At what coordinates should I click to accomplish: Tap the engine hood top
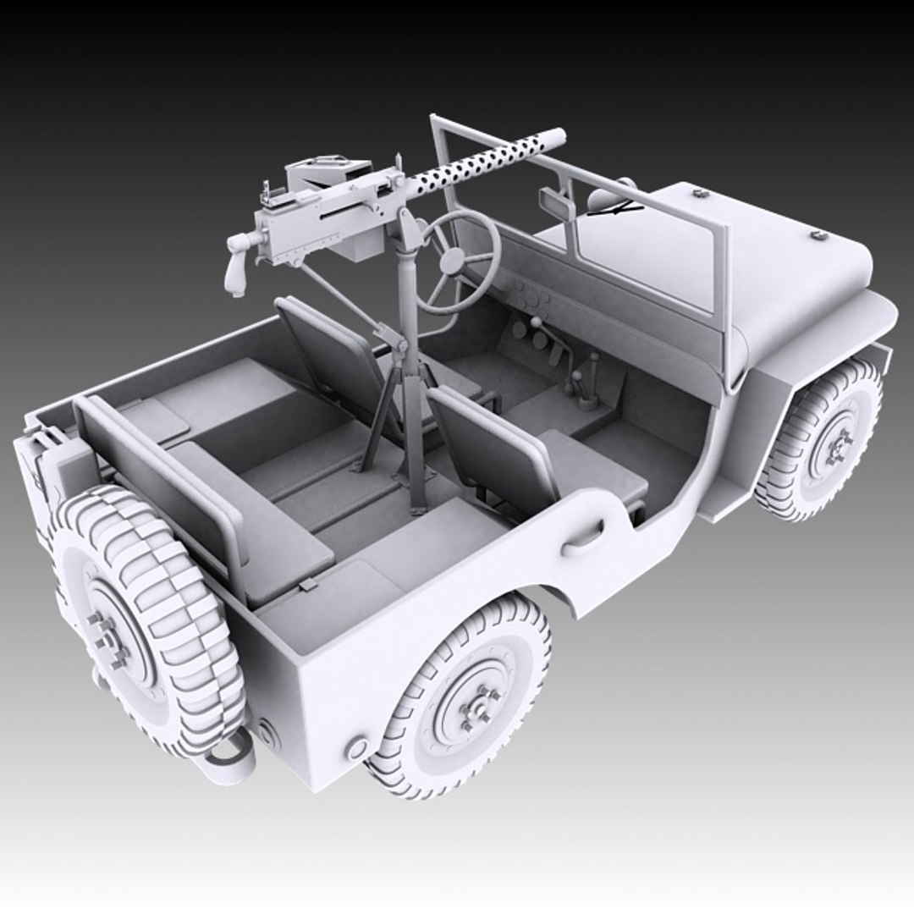pyautogui.click(x=762, y=254)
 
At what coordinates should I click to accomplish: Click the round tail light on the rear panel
pyautogui.click(x=356, y=748)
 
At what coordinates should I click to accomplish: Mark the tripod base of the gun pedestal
pyautogui.click(x=398, y=423)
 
